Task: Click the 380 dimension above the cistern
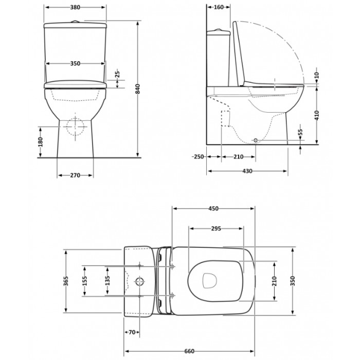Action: tap(75, 7)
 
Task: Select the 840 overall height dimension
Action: tap(137, 89)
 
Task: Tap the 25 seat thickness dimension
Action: tap(117, 74)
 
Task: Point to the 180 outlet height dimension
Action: tap(41, 142)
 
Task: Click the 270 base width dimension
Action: tap(75, 175)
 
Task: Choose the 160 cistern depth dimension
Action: tap(219, 7)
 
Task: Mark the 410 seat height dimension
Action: tap(317, 115)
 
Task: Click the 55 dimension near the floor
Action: tap(300, 132)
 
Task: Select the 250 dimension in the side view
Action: tap(198, 156)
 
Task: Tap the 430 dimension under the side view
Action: tap(247, 171)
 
